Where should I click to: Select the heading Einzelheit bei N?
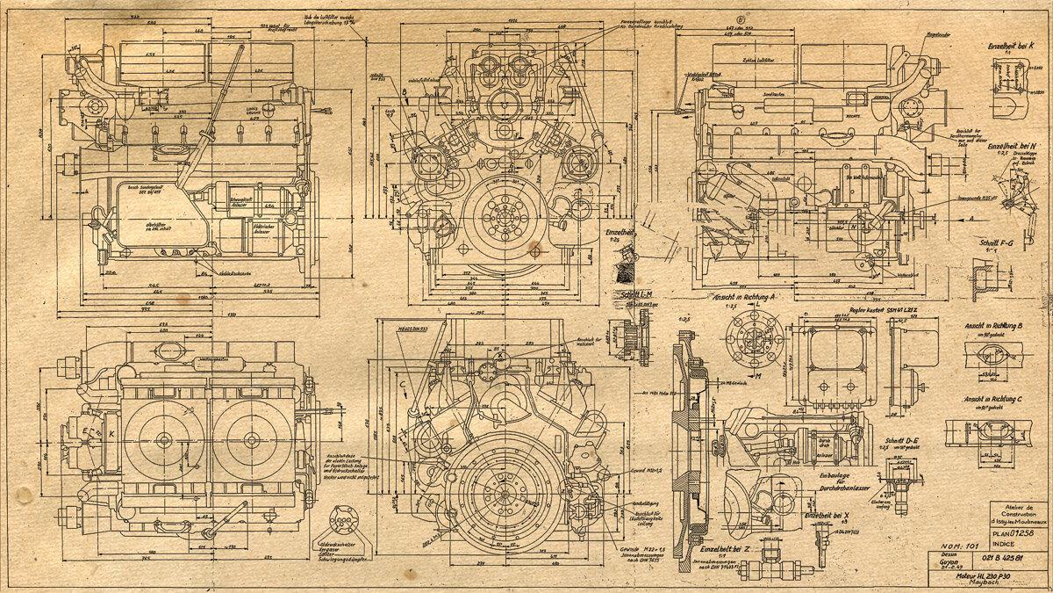point(1015,146)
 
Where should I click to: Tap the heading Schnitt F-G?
point(998,242)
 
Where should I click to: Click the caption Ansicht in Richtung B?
point(998,326)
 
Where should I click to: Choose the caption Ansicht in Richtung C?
point(996,398)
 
